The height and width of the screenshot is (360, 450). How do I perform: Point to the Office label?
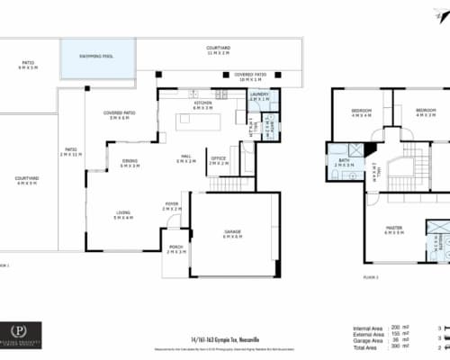(x=218, y=159)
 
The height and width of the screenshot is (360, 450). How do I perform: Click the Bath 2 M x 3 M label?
(x=343, y=164)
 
